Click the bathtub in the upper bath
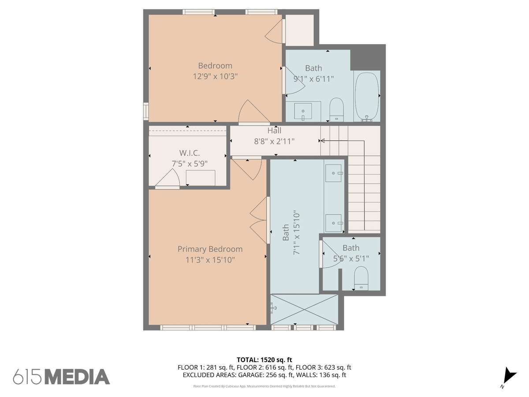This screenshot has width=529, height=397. point(367,97)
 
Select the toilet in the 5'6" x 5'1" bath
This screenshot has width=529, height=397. point(361,278)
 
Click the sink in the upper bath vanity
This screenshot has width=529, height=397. point(303,111)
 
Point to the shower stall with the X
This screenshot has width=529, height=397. point(304,309)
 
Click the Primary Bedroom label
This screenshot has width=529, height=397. point(210,249)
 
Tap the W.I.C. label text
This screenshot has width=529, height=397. point(190,153)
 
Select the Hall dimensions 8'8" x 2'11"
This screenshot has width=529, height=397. point(274,141)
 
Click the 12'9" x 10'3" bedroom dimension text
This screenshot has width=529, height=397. point(215,76)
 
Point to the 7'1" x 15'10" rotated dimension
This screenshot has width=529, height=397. point(296,234)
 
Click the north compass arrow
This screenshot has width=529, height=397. point(509,380)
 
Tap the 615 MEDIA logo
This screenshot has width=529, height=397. point(61,377)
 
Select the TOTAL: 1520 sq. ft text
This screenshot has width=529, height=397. point(264,360)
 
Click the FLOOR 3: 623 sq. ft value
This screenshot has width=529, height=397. point(324,367)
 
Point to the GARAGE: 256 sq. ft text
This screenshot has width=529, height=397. point(266,375)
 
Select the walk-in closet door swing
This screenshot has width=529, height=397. point(168,178)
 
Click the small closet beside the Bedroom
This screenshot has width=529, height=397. point(300,30)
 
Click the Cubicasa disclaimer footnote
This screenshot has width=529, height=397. point(264,386)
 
